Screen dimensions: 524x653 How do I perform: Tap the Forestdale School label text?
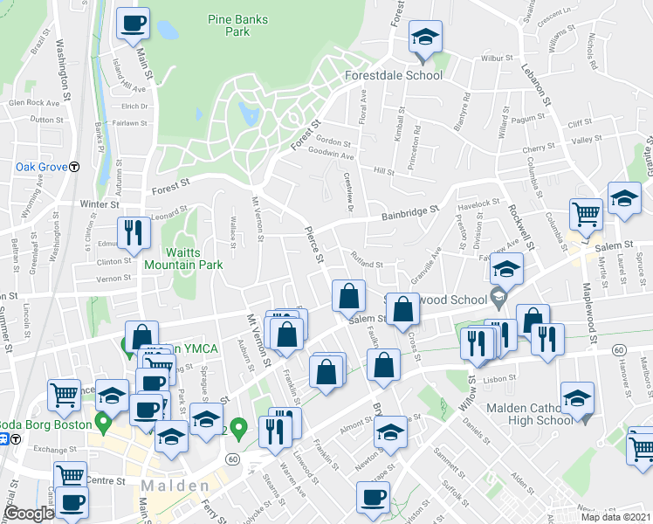pos(394,75)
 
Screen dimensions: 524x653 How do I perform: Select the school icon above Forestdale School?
pos(425,39)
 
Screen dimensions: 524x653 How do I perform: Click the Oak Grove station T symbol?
pos(75,167)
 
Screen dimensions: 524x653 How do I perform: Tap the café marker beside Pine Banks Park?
pos(133,24)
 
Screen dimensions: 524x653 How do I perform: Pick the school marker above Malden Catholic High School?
pos(576,400)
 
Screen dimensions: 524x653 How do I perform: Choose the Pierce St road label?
pos(312,245)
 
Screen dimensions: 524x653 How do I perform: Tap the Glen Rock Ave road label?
pos(33,102)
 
